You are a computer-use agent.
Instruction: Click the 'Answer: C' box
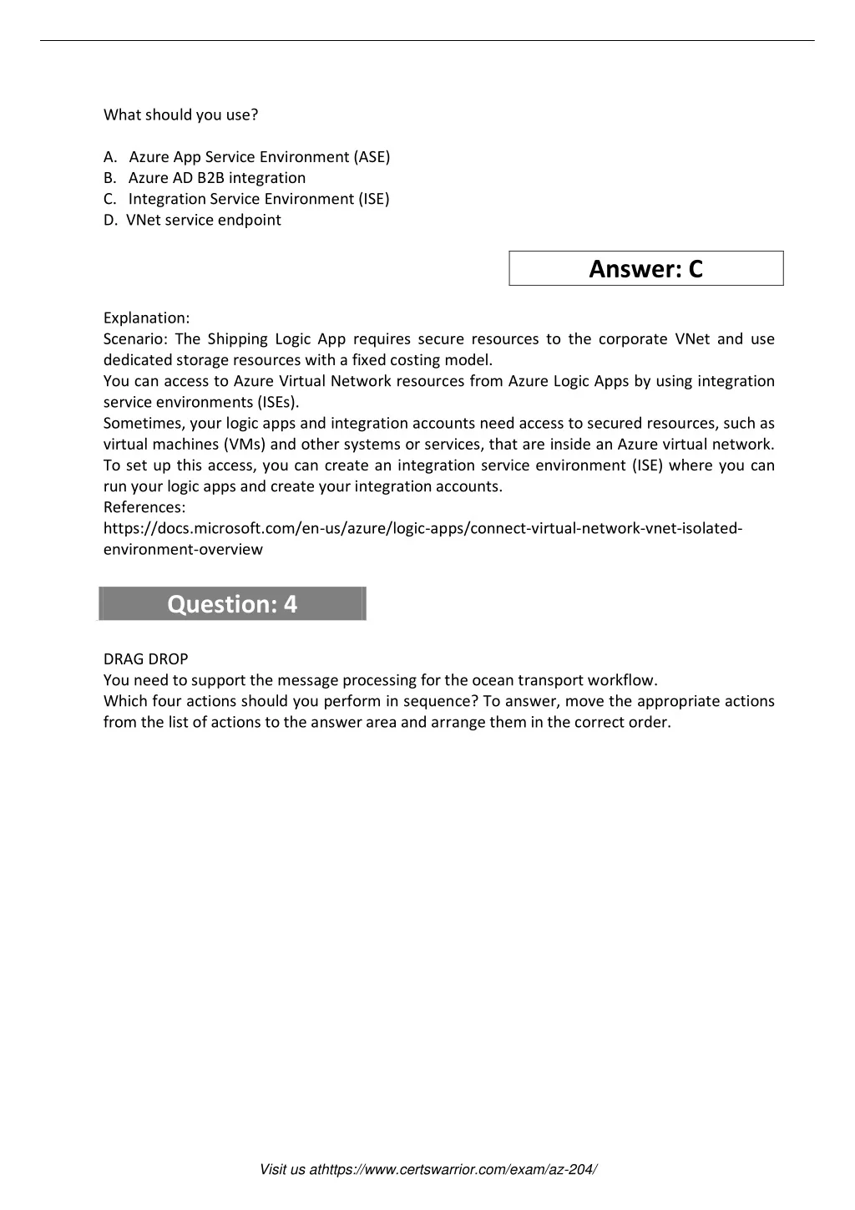[646, 268]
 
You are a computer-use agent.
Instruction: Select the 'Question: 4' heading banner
[232, 603]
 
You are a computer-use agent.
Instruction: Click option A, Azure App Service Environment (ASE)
[259, 157]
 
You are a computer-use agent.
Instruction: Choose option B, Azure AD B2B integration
[216, 178]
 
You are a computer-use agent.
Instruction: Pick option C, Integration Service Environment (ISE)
[258, 199]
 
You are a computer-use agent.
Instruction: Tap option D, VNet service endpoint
[203, 220]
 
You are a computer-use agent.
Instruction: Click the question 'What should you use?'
[180, 114]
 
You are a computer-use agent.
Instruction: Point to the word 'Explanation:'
[146, 318]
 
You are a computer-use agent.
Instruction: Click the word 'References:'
[144, 507]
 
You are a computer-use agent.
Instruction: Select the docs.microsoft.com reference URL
[422, 529]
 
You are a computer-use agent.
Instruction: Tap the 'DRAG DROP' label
[145, 658]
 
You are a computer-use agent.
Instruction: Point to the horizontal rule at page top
[427, 40]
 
